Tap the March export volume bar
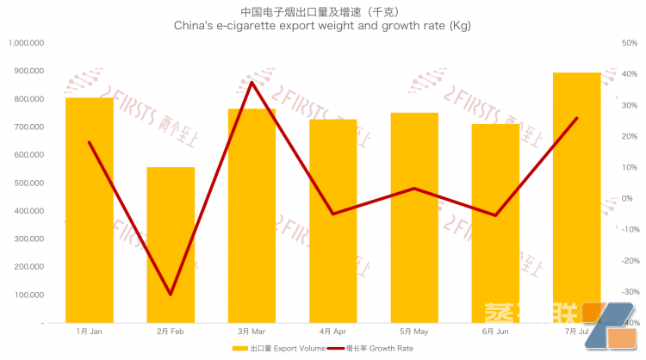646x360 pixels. (252, 215)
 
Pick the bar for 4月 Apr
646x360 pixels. (332, 224)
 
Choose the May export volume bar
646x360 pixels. (414, 220)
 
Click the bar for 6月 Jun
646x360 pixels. (495, 224)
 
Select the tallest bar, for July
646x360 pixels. (576, 198)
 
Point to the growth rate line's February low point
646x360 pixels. (171, 295)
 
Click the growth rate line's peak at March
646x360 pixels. (252, 82)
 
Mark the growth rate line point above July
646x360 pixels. (576, 118)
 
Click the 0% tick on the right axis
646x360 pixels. (626, 198)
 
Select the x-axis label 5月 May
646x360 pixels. (414, 331)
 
